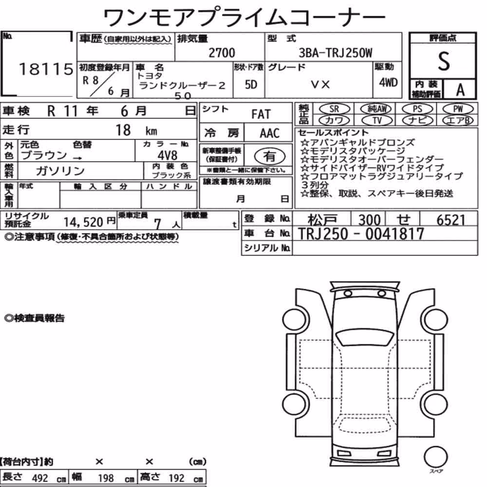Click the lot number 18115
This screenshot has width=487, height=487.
pyautogui.click(x=46, y=69)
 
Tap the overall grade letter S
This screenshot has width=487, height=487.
pyautogui.click(x=444, y=61)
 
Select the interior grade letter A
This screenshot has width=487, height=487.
pyautogui.click(x=460, y=90)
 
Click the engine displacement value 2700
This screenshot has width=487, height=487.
pyautogui.click(x=222, y=53)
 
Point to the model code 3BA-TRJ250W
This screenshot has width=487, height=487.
pyautogui.click(x=336, y=53)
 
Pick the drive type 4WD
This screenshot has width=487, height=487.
pyautogui.click(x=388, y=82)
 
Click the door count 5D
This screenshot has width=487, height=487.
pyautogui.click(x=251, y=84)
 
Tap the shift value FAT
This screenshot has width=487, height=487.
pyautogui.click(x=261, y=114)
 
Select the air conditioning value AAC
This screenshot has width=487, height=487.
pyautogui.click(x=270, y=133)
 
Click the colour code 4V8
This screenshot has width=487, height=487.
pyautogui.click(x=168, y=155)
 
